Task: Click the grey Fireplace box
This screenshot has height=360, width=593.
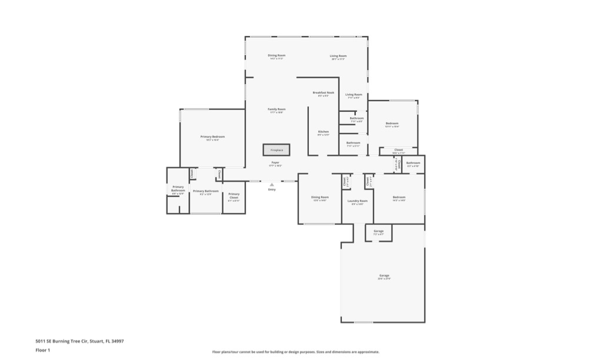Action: click(x=276, y=150)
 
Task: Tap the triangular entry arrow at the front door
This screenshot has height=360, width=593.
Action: click(x=272, y=184)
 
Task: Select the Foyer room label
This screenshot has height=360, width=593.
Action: click(x=275, y=162)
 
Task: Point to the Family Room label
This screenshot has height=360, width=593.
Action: click(x=276, y=109)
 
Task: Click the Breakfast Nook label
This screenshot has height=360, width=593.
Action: click(x=323, y=93)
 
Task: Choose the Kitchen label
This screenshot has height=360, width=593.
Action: click(x=324, y=131)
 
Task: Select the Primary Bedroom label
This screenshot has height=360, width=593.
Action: click(x=212, y=136)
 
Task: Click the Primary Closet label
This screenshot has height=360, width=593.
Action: click(x=234, y=195)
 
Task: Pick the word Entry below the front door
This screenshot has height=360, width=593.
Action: click(x=272, y=189)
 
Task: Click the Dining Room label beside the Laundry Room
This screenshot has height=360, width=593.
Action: click(x=319, y=197)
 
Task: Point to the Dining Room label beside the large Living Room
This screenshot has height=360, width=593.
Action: click(x=276, y=55)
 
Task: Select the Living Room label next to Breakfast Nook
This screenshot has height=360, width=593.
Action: click(x=354, y=94)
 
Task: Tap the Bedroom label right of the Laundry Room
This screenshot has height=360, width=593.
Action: click(x=399, y=197)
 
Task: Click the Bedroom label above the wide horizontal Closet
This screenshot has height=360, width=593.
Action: click(x=392, y=123)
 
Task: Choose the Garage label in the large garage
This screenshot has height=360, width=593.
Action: click(x=384, y=275)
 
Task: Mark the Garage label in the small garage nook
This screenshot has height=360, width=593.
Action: click(x=378, y=231)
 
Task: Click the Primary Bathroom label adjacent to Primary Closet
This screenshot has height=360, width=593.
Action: click(x=206, y=191)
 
